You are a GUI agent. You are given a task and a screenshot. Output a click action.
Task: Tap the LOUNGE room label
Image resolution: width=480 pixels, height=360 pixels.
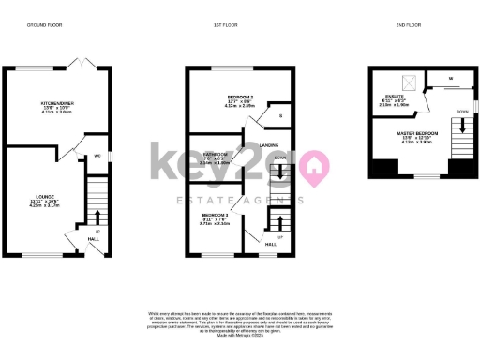45,196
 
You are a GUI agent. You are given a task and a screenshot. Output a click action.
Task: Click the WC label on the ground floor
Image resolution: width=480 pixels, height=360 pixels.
97,156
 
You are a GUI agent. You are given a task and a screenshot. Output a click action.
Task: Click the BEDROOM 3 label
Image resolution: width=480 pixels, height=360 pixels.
215,217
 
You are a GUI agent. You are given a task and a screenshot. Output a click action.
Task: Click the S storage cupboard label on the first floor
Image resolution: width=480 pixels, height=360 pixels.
281,117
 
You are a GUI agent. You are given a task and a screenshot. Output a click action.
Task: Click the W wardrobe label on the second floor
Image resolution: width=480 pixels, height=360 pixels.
451,78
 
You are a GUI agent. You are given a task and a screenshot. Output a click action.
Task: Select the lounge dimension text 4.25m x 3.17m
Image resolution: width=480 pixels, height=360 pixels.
45,205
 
